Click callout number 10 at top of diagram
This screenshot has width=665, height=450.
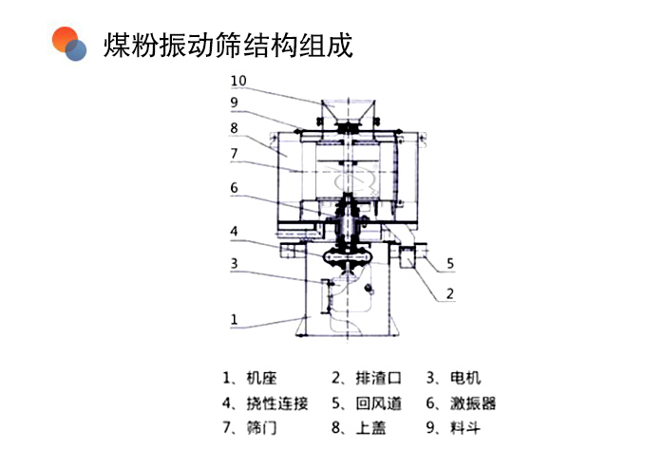click(x=237, y=82)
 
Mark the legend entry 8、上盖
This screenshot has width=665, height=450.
click(x=359, y=429)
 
